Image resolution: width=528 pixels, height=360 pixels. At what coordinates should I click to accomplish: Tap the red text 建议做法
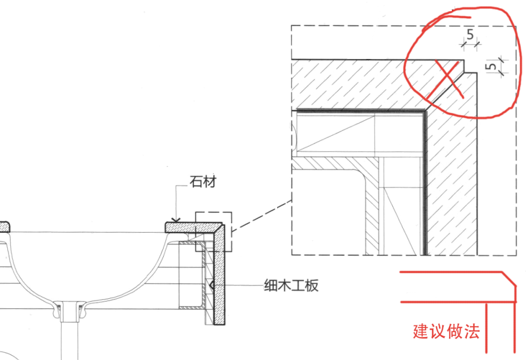pyautogui.click(x=446, y=332)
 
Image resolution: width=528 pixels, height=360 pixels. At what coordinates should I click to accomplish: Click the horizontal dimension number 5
pyautogui.click(x=470, y=34)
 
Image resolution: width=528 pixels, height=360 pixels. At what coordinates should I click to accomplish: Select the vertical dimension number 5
pyautogui.click(x=491, y=66)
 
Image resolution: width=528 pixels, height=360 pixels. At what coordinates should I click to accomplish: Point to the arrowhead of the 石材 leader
pyautogui.click(x=177, y=220)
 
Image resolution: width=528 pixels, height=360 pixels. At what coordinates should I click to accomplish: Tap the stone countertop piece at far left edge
pyautogui.click(x=4, y=226)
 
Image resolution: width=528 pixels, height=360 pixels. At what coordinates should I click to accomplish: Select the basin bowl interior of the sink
pyautogui.click(x=83, y=262)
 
